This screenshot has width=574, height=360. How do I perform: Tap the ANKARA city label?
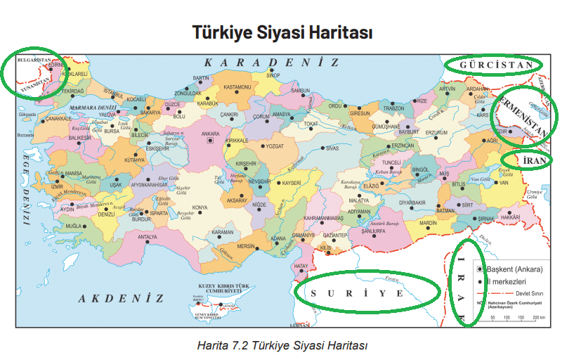pos(210,131)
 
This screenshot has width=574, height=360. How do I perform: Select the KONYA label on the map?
pos(200,207)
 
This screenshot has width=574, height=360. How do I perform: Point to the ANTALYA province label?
pos(147,237)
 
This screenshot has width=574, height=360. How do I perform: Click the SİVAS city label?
pos(332,148)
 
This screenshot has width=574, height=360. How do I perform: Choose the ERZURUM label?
pos(436,132)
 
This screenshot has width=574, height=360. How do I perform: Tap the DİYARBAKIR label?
pos(412,202)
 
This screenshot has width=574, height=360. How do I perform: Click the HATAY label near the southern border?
pos(301,266)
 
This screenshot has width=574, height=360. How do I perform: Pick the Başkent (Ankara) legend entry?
pos(514,269)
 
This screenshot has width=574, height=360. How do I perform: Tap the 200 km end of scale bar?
pos(539,318)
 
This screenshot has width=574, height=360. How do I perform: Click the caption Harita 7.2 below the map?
pos(283,345)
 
